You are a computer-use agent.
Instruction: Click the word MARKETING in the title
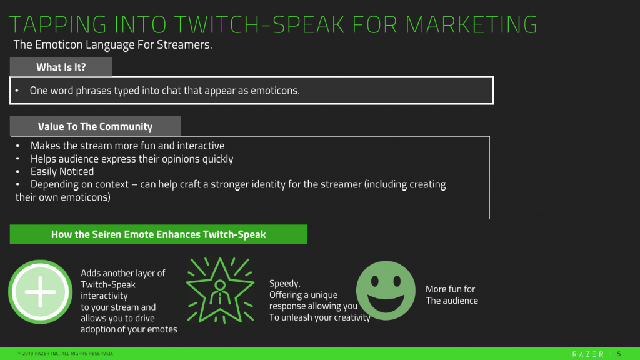coord(471,24)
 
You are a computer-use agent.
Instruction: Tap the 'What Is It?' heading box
coord(61,67)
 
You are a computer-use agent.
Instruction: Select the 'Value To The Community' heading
coord(95,126)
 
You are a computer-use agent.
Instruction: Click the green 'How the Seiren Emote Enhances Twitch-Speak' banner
coord(158,234)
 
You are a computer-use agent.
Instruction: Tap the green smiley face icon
coord(386,291)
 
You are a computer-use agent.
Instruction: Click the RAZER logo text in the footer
coord(587,354)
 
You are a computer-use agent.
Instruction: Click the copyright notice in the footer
coord(66,354)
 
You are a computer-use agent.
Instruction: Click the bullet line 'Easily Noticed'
coord(62,171)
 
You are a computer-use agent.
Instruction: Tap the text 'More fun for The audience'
coord(451,295)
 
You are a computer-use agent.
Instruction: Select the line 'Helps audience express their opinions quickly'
coord(131,159)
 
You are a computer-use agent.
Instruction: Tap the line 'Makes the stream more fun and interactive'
coord(127,146)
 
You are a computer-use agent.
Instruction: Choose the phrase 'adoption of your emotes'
coord(129,329)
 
